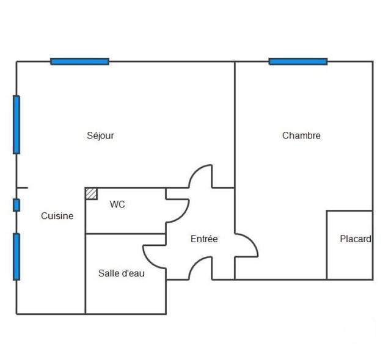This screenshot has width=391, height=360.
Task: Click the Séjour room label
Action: [100, 135]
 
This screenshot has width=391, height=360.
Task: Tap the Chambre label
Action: [301, 135]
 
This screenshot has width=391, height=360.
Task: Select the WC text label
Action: [117, 204]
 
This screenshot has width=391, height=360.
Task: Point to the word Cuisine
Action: [57, 216]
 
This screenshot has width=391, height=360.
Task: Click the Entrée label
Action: [204, 239]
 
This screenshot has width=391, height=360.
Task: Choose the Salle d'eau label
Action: [122, 273]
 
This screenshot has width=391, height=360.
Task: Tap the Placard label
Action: [356, 239]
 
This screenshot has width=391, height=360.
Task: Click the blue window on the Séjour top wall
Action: [79, 62]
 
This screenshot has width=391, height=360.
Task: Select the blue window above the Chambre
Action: [298, 62]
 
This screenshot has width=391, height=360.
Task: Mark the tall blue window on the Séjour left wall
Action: [16, 124]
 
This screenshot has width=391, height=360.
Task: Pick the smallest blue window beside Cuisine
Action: [16, 205]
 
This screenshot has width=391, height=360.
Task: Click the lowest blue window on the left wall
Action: [16, 256]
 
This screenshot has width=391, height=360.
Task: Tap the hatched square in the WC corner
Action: [91, 193]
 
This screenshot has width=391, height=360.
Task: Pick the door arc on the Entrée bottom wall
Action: [201, 268]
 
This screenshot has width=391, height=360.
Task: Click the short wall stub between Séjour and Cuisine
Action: [22, 188]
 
